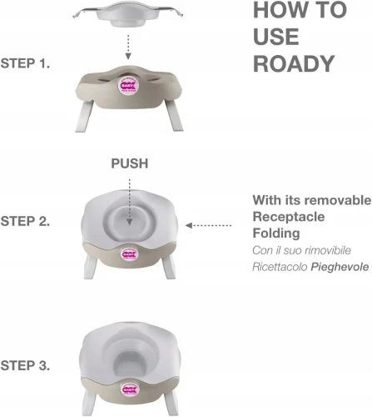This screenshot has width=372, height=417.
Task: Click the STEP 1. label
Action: click(x=25, y=63)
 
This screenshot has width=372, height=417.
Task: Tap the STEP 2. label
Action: click(x=25, y=221)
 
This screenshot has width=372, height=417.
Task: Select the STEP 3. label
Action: click(x=25, y=365)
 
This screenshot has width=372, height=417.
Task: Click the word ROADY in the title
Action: click(x=294, y=63)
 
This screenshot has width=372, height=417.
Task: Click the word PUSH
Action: click(x=130, y=163)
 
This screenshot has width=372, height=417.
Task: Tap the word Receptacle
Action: click(x=289, y=217)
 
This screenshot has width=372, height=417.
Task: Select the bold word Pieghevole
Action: click(x=340, y=267)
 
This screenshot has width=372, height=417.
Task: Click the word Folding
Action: click(x=276, y=233)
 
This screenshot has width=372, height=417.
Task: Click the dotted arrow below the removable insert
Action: click(x=128, y=47)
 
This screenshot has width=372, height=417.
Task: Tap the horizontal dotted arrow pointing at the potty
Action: click(x=208, y=225)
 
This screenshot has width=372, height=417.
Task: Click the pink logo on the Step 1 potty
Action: click(x=128, y=85)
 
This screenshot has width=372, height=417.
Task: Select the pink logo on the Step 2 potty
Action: click(x=129, y=254)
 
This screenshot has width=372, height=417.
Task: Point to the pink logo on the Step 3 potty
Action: click(x=130, y=389)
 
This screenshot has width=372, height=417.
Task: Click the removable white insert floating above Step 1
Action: click(x=128, y=14)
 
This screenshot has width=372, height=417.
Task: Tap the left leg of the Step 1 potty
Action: click(x=84, y=116)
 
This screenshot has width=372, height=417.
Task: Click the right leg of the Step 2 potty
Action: click(x=169, y=267)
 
